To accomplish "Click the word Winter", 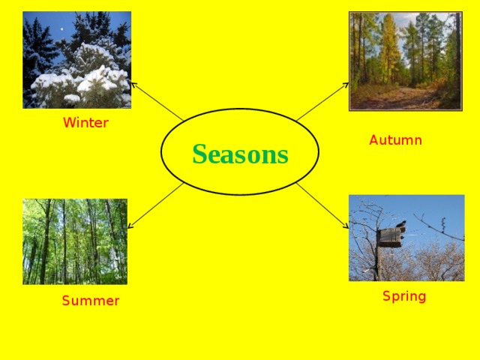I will point(85,123).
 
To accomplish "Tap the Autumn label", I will point(395,140).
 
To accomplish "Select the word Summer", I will point(90,301).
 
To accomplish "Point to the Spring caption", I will point(404,296).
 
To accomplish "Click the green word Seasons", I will point(240,154).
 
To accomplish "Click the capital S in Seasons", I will point(199,154).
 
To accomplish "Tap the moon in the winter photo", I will point(61,30).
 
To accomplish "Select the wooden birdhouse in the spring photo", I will point(390,237).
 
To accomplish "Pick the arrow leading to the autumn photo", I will point(322,100).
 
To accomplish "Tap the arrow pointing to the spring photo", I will point(322,204).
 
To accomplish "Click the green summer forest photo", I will point(75,241).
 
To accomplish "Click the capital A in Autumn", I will point(373,140).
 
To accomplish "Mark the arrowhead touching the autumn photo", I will point(346,83).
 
